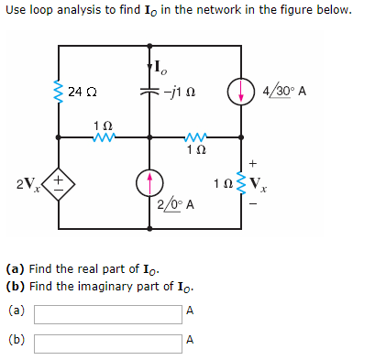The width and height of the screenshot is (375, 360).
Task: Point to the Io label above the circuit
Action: pos(160,66)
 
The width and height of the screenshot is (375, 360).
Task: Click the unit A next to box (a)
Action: pos(190,311)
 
